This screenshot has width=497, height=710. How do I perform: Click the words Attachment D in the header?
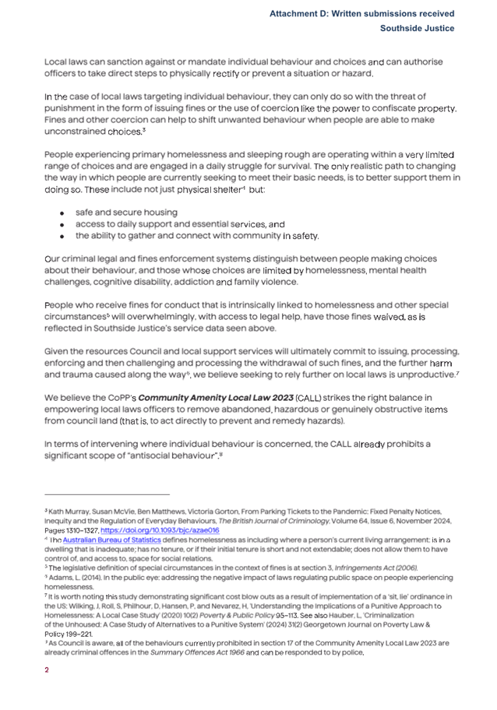(300, 14)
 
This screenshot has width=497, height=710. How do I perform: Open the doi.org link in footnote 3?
(167, 529)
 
